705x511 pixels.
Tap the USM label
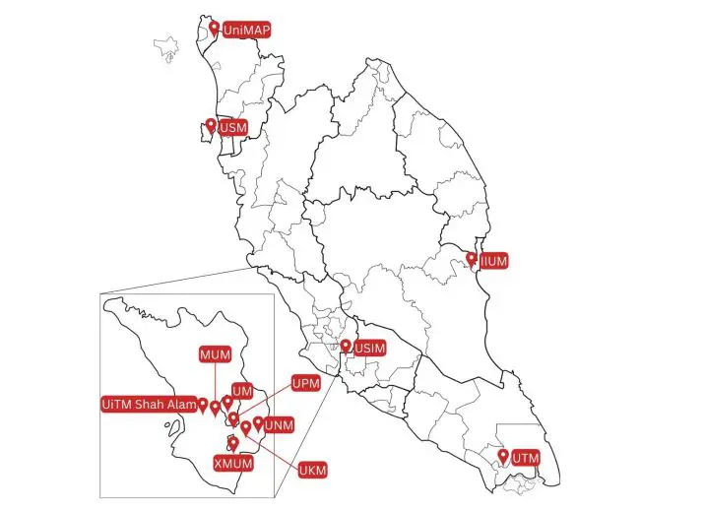pos(232,128)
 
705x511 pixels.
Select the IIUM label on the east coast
pos(493,262)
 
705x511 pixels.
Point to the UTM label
pos(526,458)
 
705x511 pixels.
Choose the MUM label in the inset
pos(214,353)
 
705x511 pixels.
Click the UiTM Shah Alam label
pos(149,404)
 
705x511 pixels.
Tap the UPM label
pos(305,382)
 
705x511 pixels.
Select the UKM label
pos(312,469)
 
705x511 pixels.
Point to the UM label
pos(241,390)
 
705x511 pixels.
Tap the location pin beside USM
pos(210,126)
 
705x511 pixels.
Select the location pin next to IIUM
pos(473,260)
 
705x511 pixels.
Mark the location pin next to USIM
pos(346,347)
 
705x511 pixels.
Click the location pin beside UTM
pos(503,457)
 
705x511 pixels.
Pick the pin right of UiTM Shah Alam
pos(203,404)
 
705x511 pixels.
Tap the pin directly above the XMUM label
pos(232,444)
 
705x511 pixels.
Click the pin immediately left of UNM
pos(258,424)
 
